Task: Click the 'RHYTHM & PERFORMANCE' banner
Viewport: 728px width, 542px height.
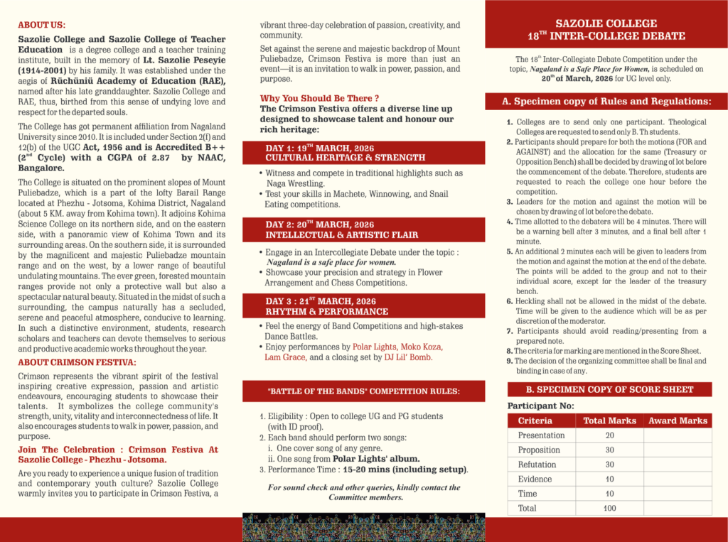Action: (327, 311)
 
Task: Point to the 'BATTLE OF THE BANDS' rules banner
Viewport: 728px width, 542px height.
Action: (363, 391)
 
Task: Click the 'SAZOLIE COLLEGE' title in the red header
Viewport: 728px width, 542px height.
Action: (606, 23)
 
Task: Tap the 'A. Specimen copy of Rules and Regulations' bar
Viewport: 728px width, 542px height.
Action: (606, 102)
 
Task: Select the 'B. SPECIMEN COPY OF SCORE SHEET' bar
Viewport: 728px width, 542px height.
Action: (609, 389)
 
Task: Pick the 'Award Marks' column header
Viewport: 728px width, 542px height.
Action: (678, 421)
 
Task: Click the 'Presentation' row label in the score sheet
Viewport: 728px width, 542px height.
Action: (541, 435)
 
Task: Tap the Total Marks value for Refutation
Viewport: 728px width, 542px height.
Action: (609, 465)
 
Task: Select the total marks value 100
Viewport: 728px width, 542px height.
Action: (609, 509)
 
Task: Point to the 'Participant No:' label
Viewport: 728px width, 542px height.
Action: (540, 406)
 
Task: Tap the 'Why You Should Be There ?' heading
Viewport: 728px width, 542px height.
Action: (319, 98)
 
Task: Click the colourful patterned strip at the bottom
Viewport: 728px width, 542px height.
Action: (363, 526)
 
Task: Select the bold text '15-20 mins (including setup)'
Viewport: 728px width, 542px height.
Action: (405, 470)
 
